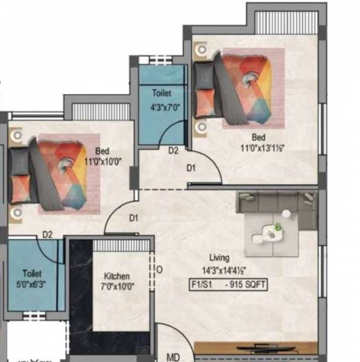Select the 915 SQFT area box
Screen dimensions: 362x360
tap(227, 285)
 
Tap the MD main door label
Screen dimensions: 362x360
tap(174, 357)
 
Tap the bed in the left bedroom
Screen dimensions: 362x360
tap(52, 175)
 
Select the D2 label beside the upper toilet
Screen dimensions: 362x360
tap(173, 151)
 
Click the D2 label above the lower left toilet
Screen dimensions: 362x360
tap(48, 235)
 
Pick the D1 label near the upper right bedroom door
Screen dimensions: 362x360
tap(191, 168)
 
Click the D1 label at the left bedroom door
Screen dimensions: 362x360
tap(134, 218)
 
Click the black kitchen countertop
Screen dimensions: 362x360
tap(80, 296)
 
